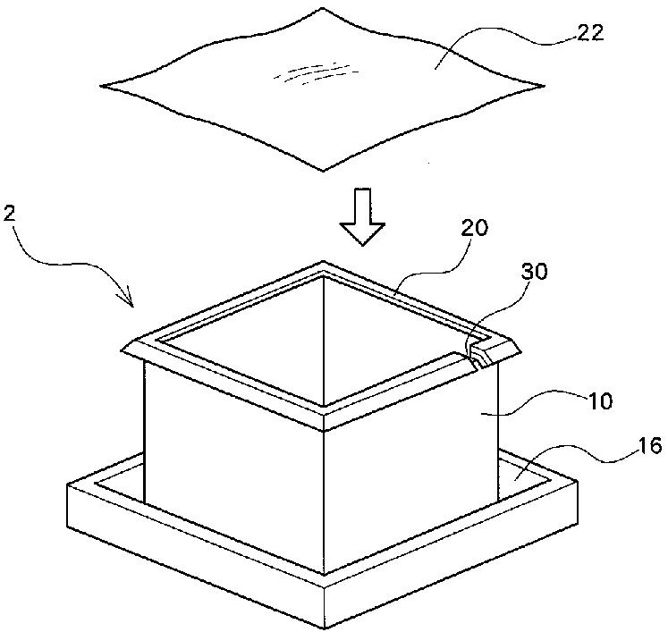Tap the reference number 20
pos(475,229)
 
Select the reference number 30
pos(537,272)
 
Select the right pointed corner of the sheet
pos(544,86)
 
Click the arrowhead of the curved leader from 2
pos(132,304)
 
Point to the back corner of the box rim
pos(323,265)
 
